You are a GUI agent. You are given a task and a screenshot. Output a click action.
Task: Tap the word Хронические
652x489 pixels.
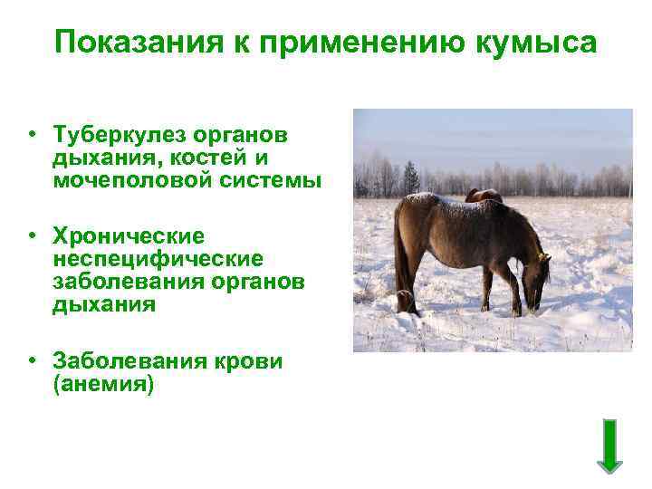coord(129,236)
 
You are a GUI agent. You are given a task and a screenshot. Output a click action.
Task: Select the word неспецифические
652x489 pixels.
coord(158,259)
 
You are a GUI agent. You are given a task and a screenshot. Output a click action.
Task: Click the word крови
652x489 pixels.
coord(248,361)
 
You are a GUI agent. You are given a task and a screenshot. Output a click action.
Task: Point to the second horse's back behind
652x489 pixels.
coord(484,194)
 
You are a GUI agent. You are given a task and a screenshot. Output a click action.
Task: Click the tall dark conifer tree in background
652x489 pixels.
coord(412,177)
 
